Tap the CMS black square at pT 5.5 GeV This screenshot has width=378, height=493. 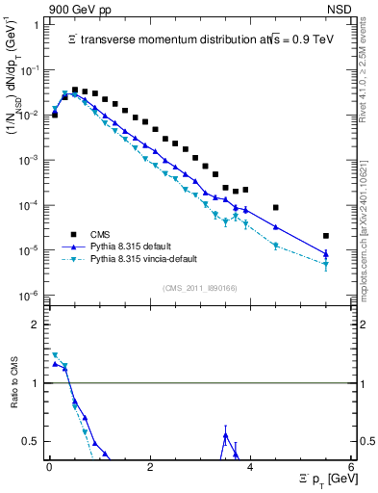(326, 236)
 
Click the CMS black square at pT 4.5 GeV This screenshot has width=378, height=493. (276, 207)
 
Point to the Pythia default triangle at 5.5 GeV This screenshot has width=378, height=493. (326, 254)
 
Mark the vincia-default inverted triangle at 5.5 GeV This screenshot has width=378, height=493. (326, 264)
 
